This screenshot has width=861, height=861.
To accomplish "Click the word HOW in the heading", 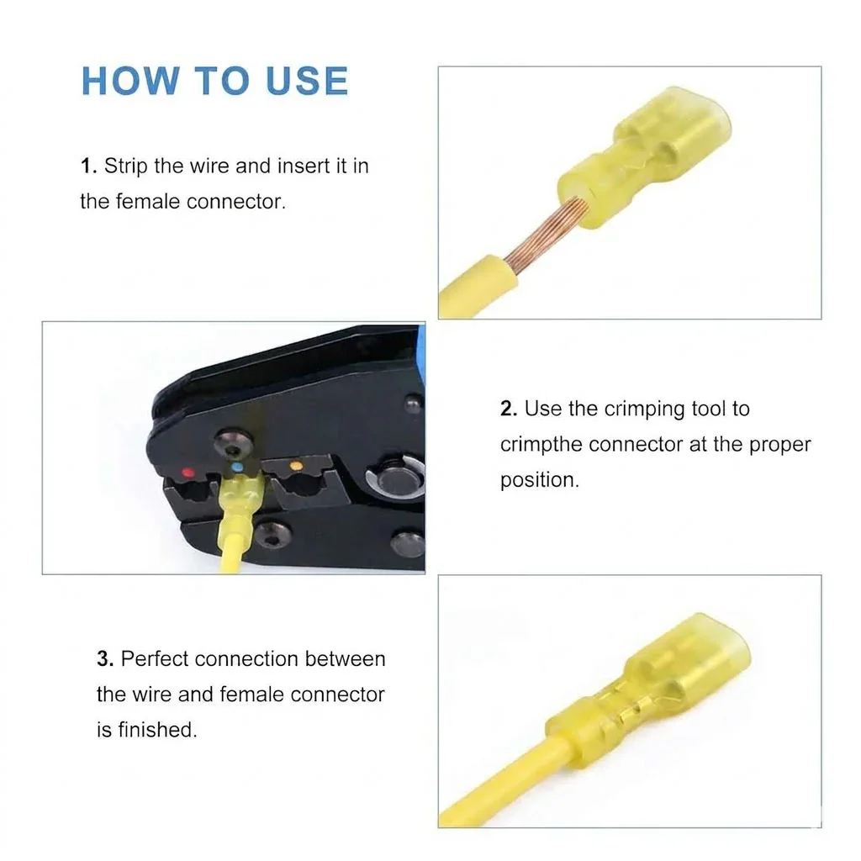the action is [130, 81].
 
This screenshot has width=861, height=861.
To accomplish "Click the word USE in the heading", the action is [307, 81].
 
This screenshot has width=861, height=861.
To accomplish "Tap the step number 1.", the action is [88, 166].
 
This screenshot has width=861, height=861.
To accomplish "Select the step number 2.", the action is [509, 409].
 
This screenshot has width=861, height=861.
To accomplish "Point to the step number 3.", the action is [105, 658].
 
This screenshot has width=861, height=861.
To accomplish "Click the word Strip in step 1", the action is [126, 166].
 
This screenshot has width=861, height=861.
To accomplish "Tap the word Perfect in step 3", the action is [155, 658].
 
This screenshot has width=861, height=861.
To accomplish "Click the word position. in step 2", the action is [540, 480].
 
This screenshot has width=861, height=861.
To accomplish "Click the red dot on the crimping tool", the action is [188, 473].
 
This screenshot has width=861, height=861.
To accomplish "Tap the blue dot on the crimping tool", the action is [237, 467].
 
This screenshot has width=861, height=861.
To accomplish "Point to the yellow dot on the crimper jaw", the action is [296, 466].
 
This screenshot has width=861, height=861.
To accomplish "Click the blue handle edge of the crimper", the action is [421, 351].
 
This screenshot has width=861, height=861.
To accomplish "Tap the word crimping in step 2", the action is [645, 409].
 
